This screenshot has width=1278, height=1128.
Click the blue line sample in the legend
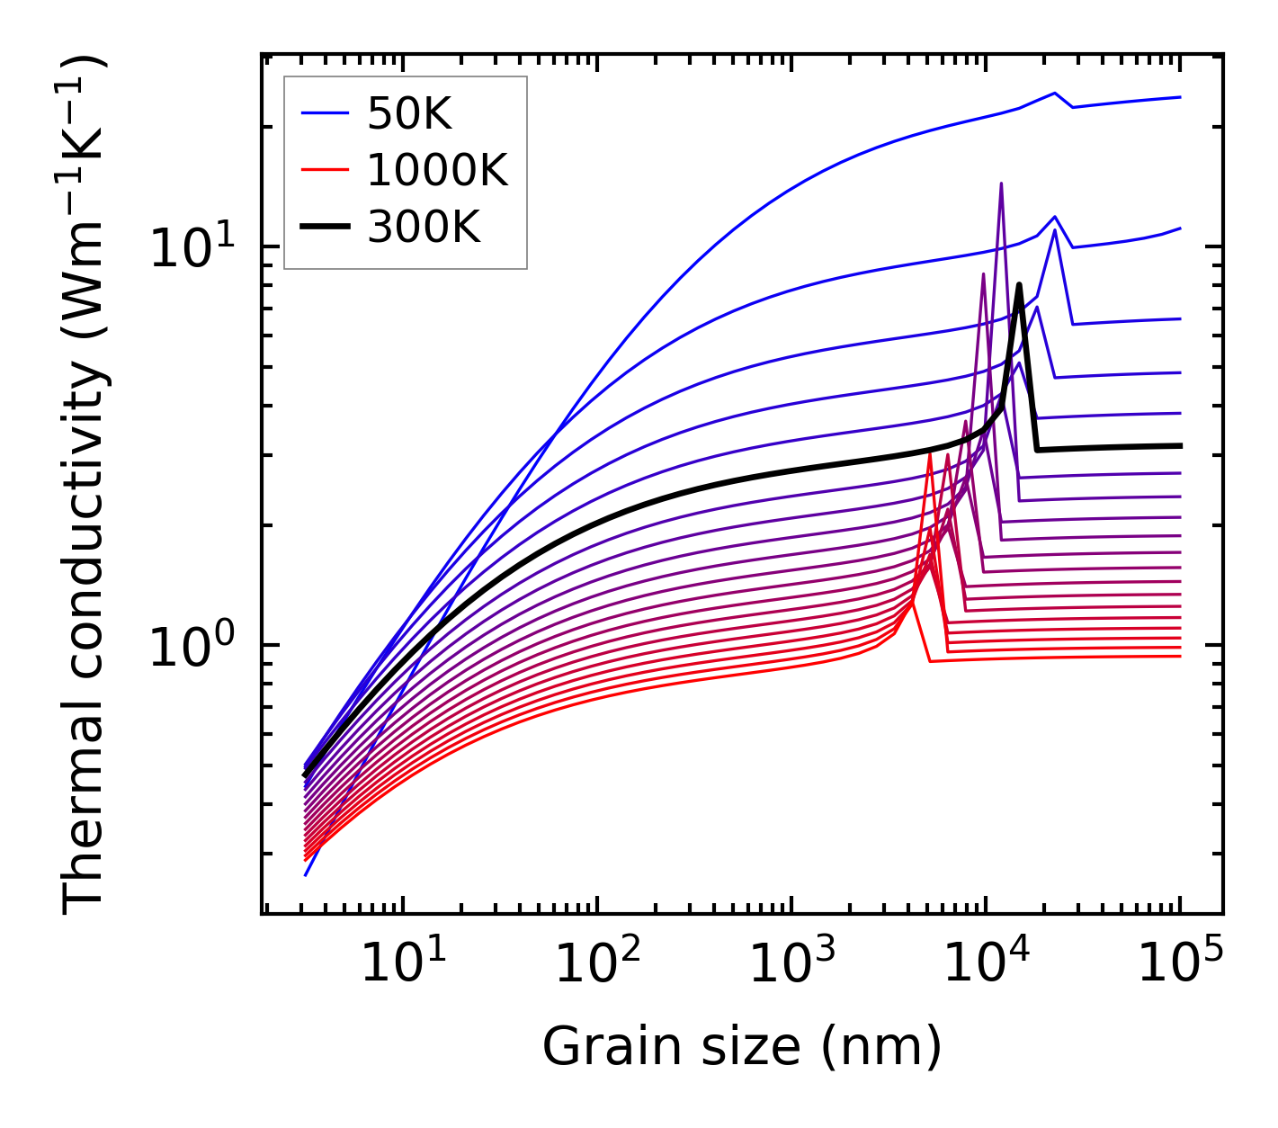[325, 112]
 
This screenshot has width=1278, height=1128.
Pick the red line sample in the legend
[325, 169]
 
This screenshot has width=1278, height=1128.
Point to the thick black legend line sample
[325, 227]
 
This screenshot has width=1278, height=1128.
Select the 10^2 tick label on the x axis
[597, 964]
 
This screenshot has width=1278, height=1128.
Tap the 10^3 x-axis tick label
[791, 964]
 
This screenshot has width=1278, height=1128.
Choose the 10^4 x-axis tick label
[986, 964]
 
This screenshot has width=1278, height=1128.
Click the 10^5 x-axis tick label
[1180, 964]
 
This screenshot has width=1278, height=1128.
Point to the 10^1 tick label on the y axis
[190, 247]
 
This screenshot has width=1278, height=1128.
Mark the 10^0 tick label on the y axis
[190, 646]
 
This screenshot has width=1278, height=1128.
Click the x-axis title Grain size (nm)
[742, 1047]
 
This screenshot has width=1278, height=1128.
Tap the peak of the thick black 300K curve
[1019, 285]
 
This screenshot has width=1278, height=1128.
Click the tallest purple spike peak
[1001, 184]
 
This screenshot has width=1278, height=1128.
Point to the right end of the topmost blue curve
[1180, 97]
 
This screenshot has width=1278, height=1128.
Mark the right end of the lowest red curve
[1180, 656]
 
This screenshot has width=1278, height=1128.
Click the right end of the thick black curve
[1180, 445]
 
